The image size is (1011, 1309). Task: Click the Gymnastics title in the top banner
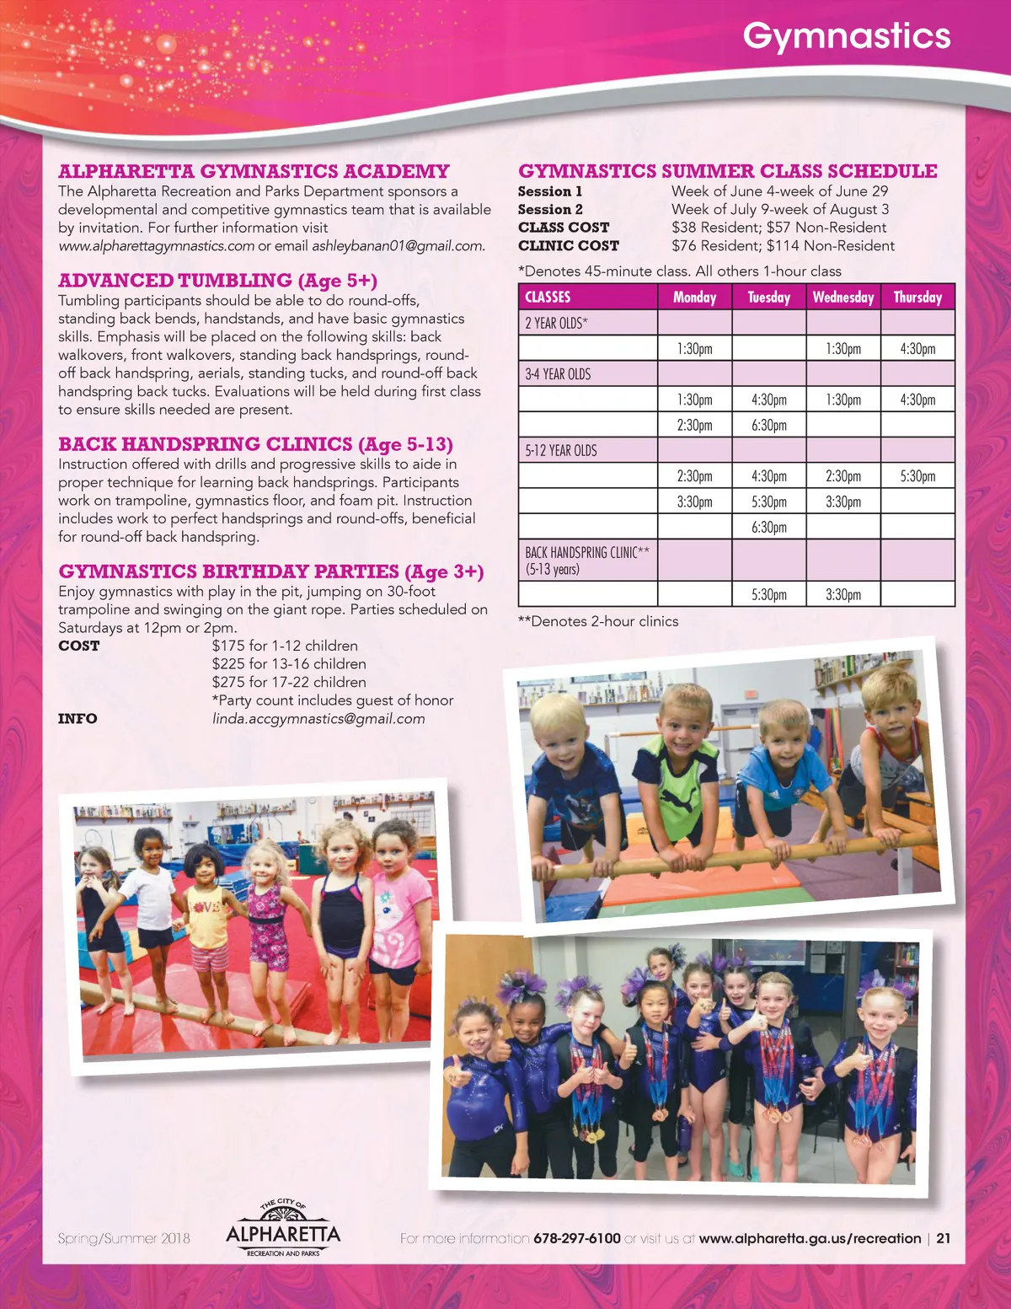coord(846,36)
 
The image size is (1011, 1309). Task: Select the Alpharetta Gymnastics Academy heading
coord(254,171)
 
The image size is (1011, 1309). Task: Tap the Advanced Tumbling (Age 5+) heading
coord(217,281)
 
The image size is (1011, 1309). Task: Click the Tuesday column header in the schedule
coord(768,297)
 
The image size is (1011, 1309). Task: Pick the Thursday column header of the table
coord(917,297)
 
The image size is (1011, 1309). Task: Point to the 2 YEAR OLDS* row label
coord(556,323)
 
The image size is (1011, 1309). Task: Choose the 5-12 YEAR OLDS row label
coord(560,450)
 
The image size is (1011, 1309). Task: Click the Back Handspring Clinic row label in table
coord(586,561)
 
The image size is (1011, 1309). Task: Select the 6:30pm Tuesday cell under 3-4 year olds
coord(768,425)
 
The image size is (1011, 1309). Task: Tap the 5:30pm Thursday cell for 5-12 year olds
coord(917,475)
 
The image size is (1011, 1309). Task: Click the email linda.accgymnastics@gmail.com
coord(318,719)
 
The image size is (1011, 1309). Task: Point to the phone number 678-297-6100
coord(577,1238)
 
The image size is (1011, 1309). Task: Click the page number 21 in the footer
coord(944,1238)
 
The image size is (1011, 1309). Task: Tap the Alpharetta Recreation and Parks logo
coord(283,1230)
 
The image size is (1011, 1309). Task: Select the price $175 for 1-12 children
coord(285,646)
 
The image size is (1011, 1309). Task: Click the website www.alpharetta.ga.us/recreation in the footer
coord(810,1238)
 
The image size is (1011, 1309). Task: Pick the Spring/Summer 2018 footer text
coord(124,1238)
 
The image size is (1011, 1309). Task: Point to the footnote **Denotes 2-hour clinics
coord(598,621)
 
